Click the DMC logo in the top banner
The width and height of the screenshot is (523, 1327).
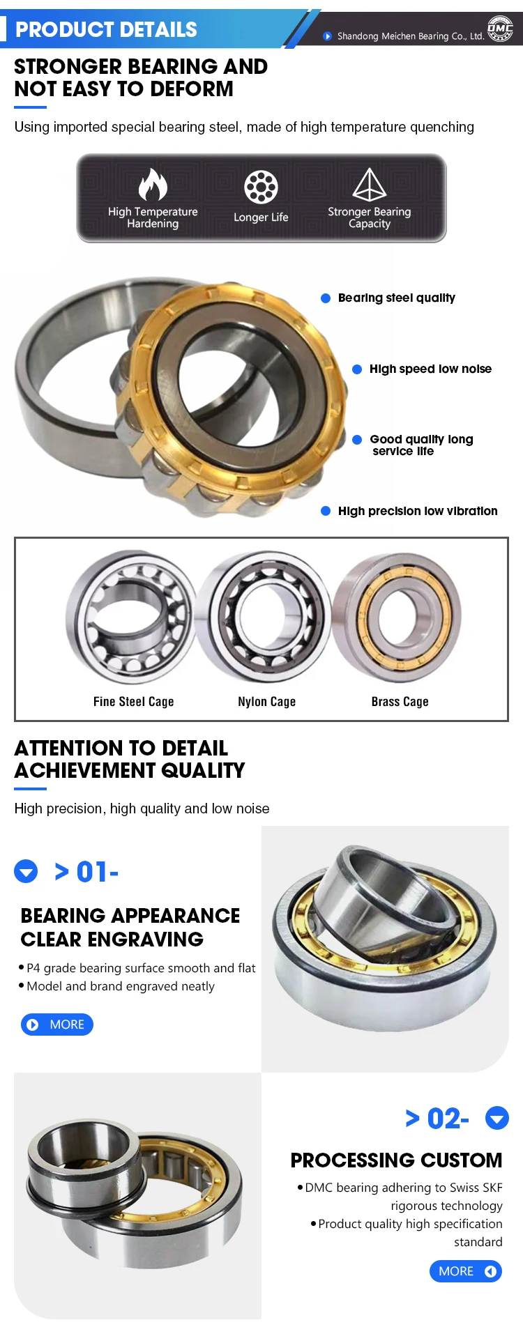[500, 29]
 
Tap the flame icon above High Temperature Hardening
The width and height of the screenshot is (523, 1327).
[153, 185]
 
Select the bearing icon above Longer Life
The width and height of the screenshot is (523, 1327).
[261, 187]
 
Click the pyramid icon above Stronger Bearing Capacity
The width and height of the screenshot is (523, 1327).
[370, 185]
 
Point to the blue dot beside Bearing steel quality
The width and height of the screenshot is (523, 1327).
[325, 298]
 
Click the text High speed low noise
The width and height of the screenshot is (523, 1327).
[430, 369]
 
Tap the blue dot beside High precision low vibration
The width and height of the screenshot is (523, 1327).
[325, 511]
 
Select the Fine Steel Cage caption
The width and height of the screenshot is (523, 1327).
[134, 702]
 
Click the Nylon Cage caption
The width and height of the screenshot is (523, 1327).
[267, 702]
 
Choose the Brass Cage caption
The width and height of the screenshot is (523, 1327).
[400, 702]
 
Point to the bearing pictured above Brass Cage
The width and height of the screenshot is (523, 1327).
[396, 618]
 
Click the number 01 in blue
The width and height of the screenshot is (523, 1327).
[91, 872]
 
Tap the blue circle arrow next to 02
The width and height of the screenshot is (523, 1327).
[497, 1118]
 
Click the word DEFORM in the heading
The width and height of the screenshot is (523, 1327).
[192, 89]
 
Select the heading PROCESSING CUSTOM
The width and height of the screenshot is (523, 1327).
[396, 1160]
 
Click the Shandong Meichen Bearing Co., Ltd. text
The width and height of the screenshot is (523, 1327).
[411, 36]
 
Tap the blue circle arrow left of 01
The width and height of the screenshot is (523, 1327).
[26, 871]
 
